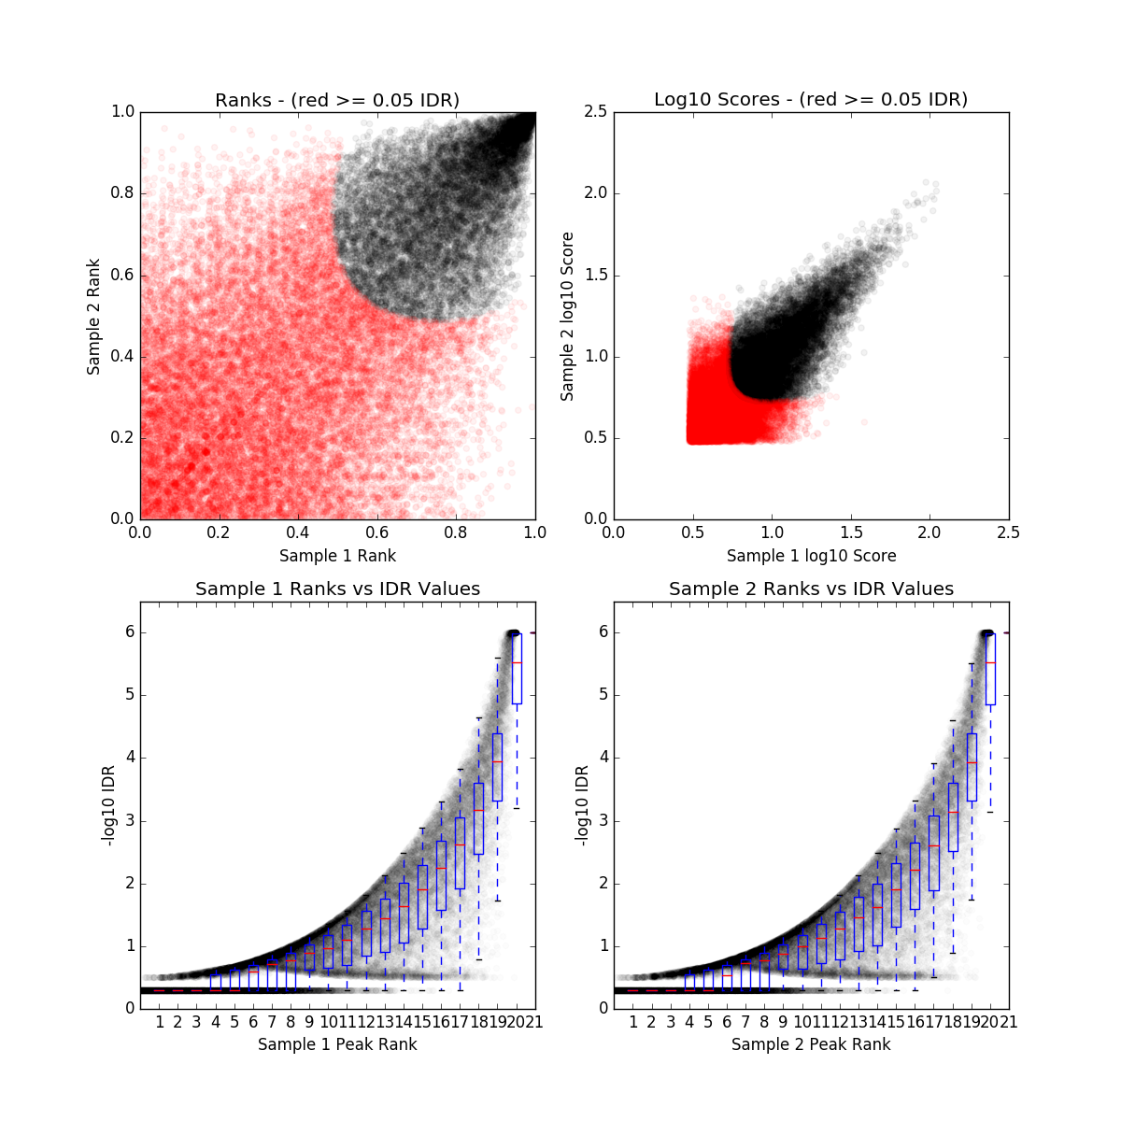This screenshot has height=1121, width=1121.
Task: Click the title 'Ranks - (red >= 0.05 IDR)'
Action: coord(337,100)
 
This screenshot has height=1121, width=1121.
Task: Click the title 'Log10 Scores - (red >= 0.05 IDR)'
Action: coord(811,99)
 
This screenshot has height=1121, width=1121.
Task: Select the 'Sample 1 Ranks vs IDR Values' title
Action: coord(337,589)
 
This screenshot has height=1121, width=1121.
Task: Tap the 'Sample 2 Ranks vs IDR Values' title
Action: coord(811,589)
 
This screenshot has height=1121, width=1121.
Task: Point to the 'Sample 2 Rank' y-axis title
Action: coord(93,317)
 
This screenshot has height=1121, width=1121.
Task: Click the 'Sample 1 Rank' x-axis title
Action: coord(337,556)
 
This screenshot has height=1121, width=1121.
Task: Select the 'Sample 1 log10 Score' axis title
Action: coord(811,556)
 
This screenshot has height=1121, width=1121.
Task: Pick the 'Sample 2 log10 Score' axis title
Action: coord(567,317)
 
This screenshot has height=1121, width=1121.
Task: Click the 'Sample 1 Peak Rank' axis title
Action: coord(337,1044)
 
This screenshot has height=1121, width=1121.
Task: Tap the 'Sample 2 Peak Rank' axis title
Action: coord(811,1044)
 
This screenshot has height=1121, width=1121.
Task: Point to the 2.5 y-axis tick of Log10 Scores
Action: coord(595,112)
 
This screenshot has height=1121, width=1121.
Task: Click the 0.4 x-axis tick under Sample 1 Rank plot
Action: coord(298,532)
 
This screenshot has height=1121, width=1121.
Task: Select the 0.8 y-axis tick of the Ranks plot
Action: coord(121,193)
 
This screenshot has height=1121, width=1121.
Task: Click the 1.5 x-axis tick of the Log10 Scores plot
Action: coord(851,532)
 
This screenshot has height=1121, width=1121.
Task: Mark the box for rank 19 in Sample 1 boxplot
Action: coord(497,767)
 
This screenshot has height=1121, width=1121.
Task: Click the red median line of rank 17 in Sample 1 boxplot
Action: coord(460,845)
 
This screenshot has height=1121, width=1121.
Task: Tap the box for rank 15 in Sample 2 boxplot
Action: coord(896,895)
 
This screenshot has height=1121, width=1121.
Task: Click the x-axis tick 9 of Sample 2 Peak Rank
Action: coord(783,1022)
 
